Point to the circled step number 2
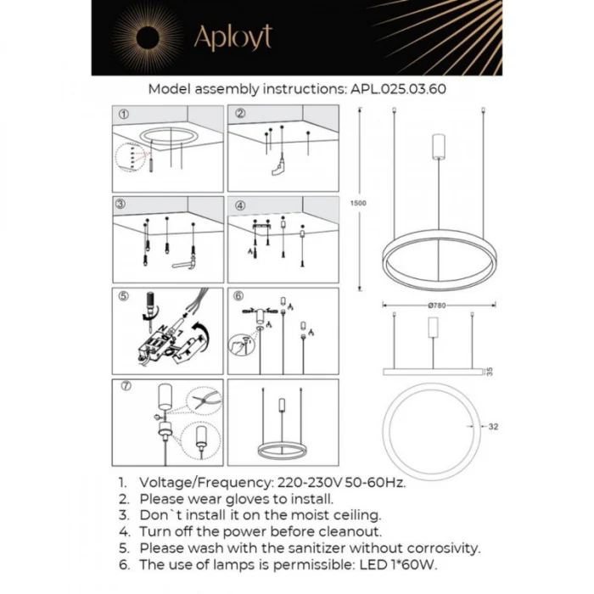click(x=240, y=114)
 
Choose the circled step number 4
click(x=240, y=205)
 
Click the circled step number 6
click(x=239, y=296)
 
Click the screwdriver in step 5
click(x=149, y=306)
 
